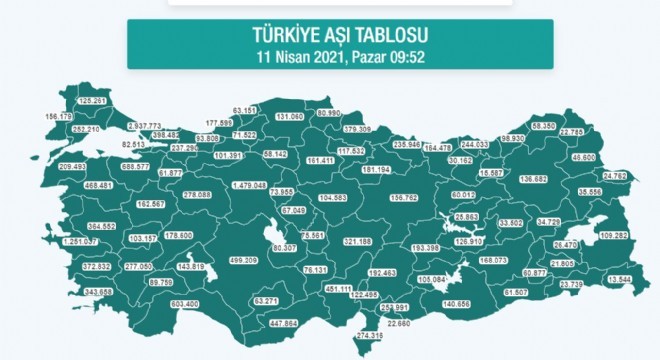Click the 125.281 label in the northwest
point(91,101)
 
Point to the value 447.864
point(278,324)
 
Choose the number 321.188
point(357,241)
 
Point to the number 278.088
point(199,195)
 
